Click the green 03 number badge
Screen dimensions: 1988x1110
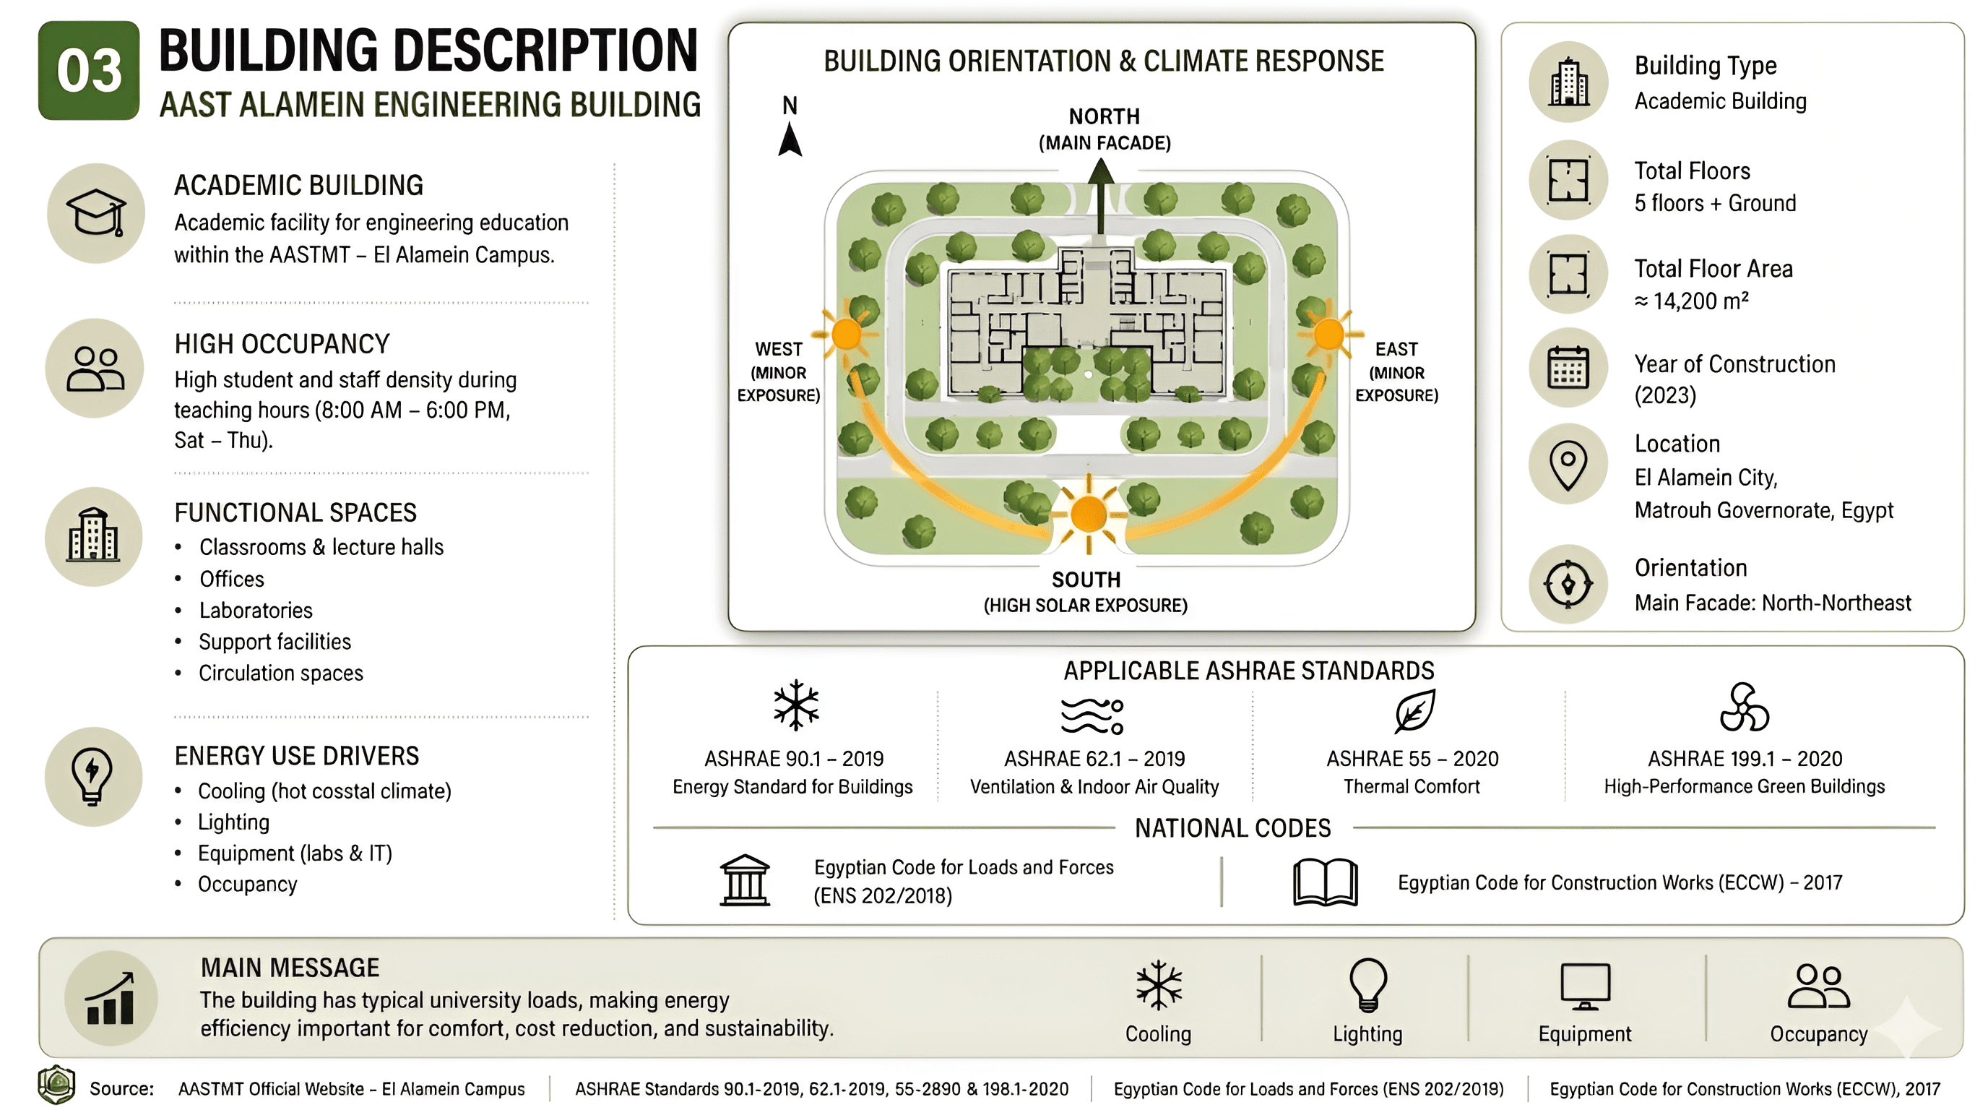pos(89,70)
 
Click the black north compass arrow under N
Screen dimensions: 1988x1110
pos(790,139)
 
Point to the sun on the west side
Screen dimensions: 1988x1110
pos(847,335)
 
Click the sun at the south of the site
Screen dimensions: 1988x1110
pos(1089,514)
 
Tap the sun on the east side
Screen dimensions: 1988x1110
pos(1329,335)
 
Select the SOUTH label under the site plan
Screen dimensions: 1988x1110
pos(1086,579)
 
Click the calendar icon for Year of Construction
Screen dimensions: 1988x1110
pos(1568,367)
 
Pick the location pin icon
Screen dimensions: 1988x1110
pos(1568,465)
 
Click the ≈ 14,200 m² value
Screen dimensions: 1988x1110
pos(1691,301)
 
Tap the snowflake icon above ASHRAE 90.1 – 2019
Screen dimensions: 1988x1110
pos(795,705)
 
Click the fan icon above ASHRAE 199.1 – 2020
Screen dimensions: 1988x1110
pos(1743,707)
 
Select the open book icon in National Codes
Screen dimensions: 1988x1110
pos(1325,882)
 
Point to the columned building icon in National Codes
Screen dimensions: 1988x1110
pos(745,880)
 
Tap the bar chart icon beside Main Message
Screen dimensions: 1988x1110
pos(111,998)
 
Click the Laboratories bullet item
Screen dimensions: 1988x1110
pos(256,611)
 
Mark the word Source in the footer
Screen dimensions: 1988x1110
pos(121,1088)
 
